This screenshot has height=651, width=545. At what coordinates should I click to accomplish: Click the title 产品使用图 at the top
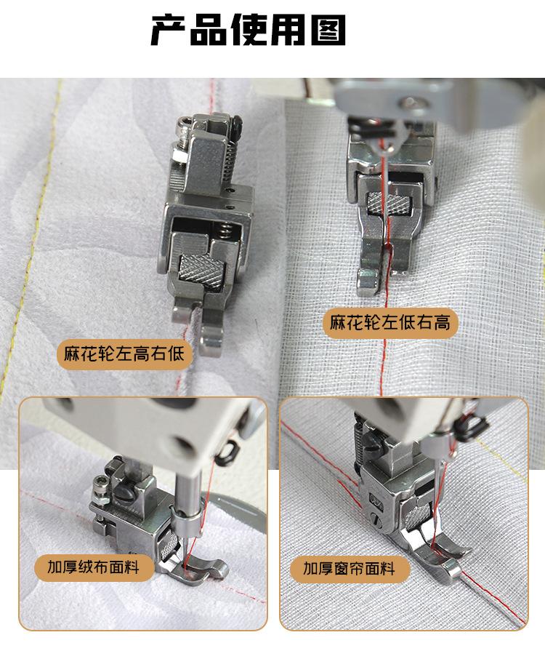pyautogui.click(x=248, y=30)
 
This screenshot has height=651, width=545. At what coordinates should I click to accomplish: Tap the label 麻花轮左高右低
pyautogui.click(x=125, y=355)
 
